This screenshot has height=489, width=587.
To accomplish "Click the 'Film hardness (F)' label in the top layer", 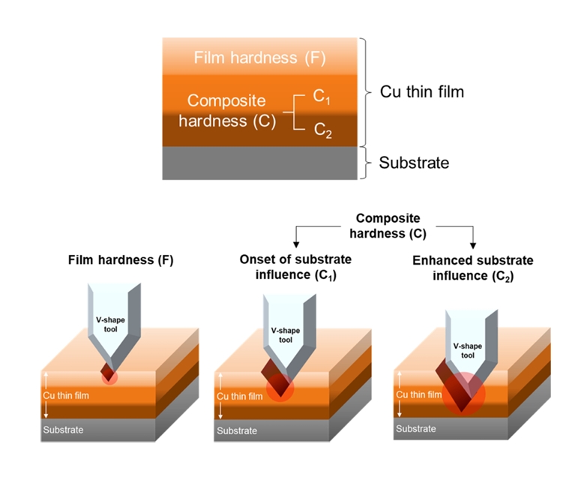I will (259, 57).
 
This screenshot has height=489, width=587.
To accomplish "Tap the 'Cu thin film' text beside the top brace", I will (422, 91).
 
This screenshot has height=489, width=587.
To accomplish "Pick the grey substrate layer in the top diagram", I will (259, 163).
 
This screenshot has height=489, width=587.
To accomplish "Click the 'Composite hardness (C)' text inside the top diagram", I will (226, 111).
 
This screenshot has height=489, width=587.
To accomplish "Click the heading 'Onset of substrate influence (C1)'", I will (295, 266).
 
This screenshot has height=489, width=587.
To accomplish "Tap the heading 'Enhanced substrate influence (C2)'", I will (472, 268).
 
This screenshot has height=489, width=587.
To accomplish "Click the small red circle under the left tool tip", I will (109, 376).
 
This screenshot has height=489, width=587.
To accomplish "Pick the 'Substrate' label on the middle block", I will (237, 431).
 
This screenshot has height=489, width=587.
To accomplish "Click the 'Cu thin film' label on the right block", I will (418, 394).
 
